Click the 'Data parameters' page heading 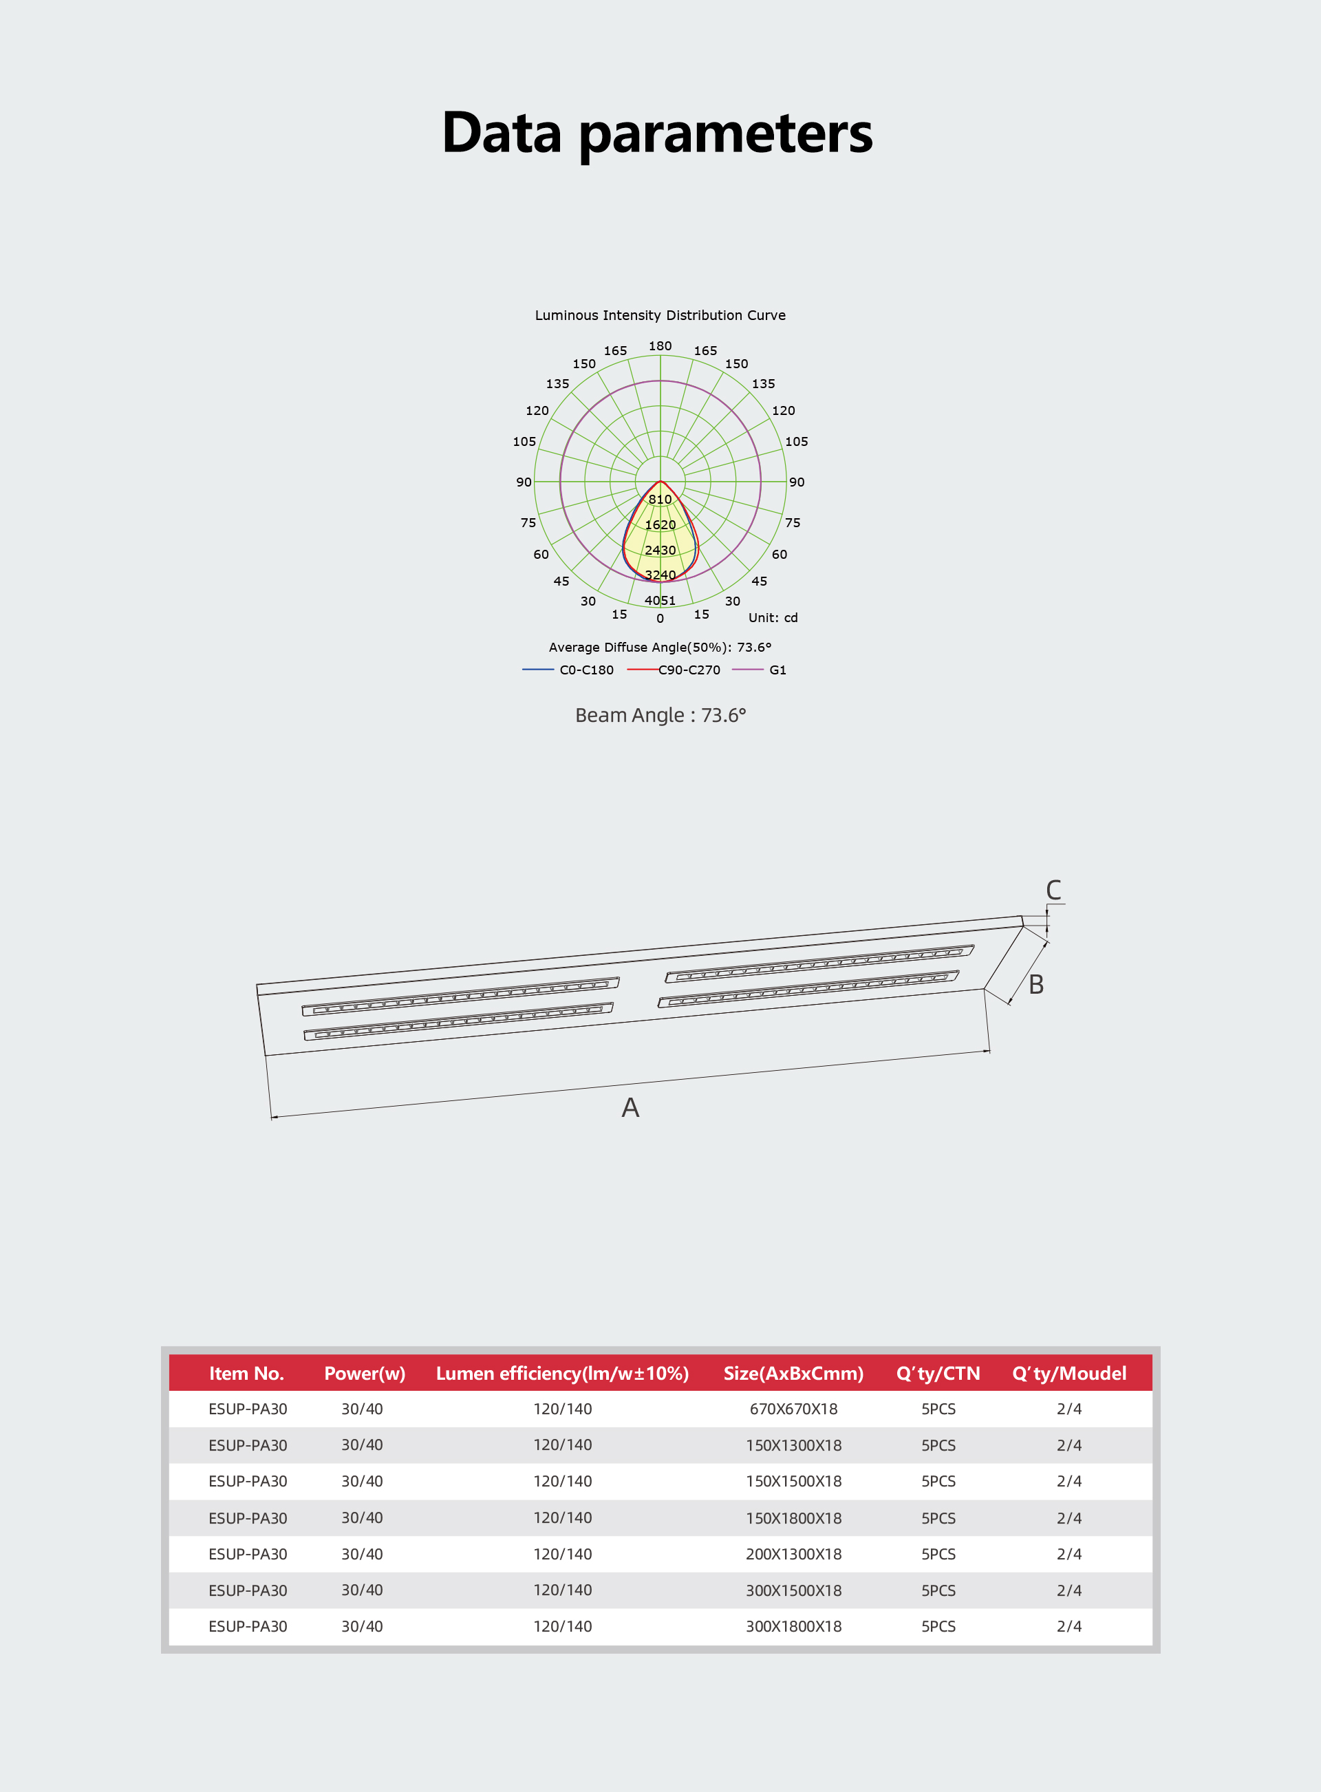click(657, 134)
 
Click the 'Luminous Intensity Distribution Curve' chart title click(660, 315)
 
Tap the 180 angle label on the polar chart click(660, 346)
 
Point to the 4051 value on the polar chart click(660, 601)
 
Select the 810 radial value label click(660, 500)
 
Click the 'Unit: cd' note click(773, 617)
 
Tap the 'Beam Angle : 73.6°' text click(660, 715)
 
